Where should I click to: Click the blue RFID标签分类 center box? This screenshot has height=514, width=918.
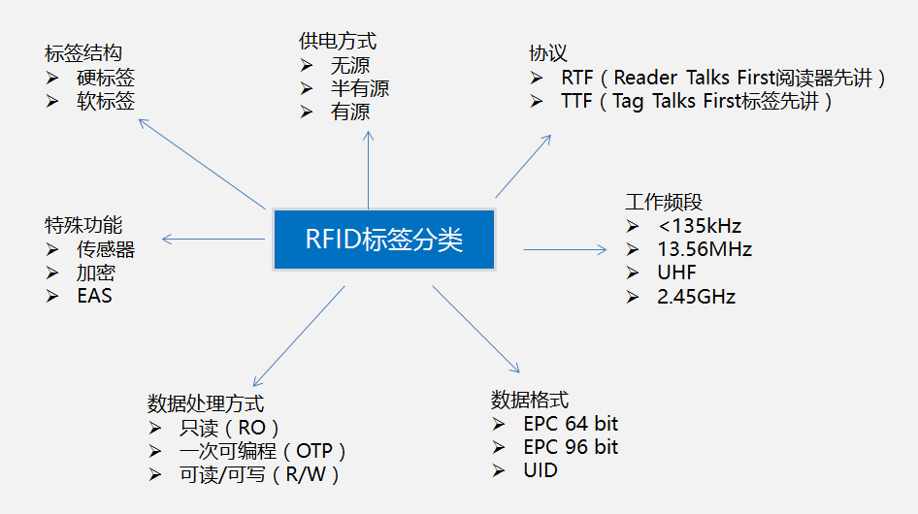click(x=384, y=240)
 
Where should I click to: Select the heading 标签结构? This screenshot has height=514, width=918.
click(x=83, y=52)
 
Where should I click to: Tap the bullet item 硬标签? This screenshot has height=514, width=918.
click(x=106, y=78)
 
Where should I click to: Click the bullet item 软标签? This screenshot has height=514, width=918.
click(x=106, y=101)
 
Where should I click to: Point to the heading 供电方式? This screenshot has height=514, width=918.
click(x=338, y=41)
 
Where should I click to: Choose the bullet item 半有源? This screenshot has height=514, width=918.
click(x=359, y=89)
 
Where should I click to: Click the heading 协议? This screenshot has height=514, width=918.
click(x=548, y=53)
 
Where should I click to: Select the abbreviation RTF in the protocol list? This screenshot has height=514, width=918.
click(x=579, y=79)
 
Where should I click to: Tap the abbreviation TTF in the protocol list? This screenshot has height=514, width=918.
click(x=579, y=102)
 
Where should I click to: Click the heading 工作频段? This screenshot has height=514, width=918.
click(x=664, y=202)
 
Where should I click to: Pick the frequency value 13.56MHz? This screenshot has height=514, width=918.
click(x=704, y=249)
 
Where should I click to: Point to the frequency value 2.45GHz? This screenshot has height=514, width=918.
click(x=696, y=297)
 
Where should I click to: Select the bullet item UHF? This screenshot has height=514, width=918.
click(x=676, y=273)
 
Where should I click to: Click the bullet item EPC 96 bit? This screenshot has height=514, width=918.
click(x=570, y=447)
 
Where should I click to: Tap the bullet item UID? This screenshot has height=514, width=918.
click(x=541, y=470)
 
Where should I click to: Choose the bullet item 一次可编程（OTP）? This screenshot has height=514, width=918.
click(x=263, y=451)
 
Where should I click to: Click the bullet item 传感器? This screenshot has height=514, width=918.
click(x=106, y=249)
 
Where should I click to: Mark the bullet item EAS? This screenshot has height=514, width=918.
click(x=94, y=296)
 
